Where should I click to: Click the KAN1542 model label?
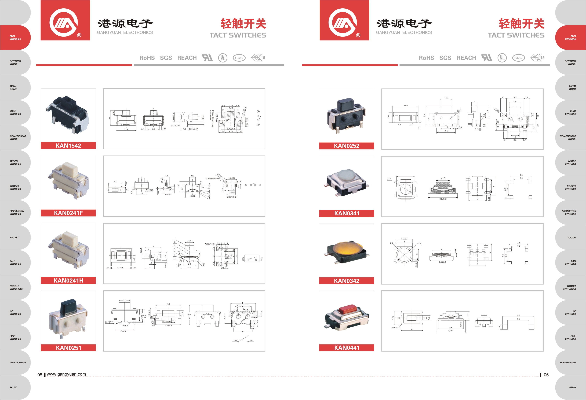point(68,146)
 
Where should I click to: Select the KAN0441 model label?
point(347,348)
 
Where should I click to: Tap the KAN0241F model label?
point(68,213)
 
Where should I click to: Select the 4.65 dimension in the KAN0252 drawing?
point(405,106)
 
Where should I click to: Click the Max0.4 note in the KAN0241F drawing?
point(168,194)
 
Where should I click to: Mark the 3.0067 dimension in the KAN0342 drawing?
point(404,239)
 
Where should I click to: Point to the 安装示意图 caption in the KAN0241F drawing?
point(231,197)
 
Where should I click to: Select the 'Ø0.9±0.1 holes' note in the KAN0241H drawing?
point(210,244)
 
